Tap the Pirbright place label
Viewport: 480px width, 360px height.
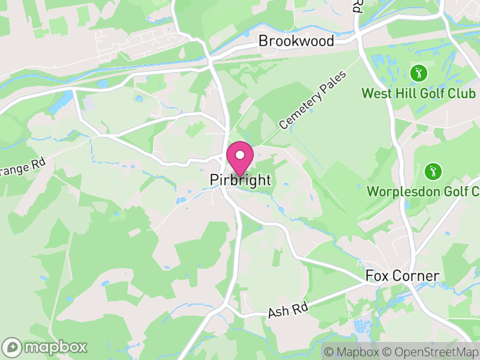click(241, 180)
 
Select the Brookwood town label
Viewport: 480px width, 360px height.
click(296, 41)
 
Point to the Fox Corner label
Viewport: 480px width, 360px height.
click(403, 277)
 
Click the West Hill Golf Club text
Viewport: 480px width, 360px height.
click(418, 94)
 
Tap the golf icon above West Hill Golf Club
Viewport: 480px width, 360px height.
click(419, 74)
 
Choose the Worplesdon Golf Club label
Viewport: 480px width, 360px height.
click(423, 192)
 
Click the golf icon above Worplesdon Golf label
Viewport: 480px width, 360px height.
click(432, 172)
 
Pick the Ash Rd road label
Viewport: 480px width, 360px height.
click(288, 311)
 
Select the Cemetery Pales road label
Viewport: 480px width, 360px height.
click(305, 106)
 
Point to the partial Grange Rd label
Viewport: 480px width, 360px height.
click(23, 169)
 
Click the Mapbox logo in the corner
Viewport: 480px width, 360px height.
click(45, 347)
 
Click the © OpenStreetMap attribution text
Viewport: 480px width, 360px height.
click(431, 352)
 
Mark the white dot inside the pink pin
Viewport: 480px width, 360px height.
click(240, 155)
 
